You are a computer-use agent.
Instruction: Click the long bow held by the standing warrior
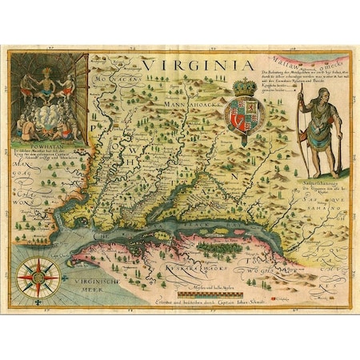[302, 128]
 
